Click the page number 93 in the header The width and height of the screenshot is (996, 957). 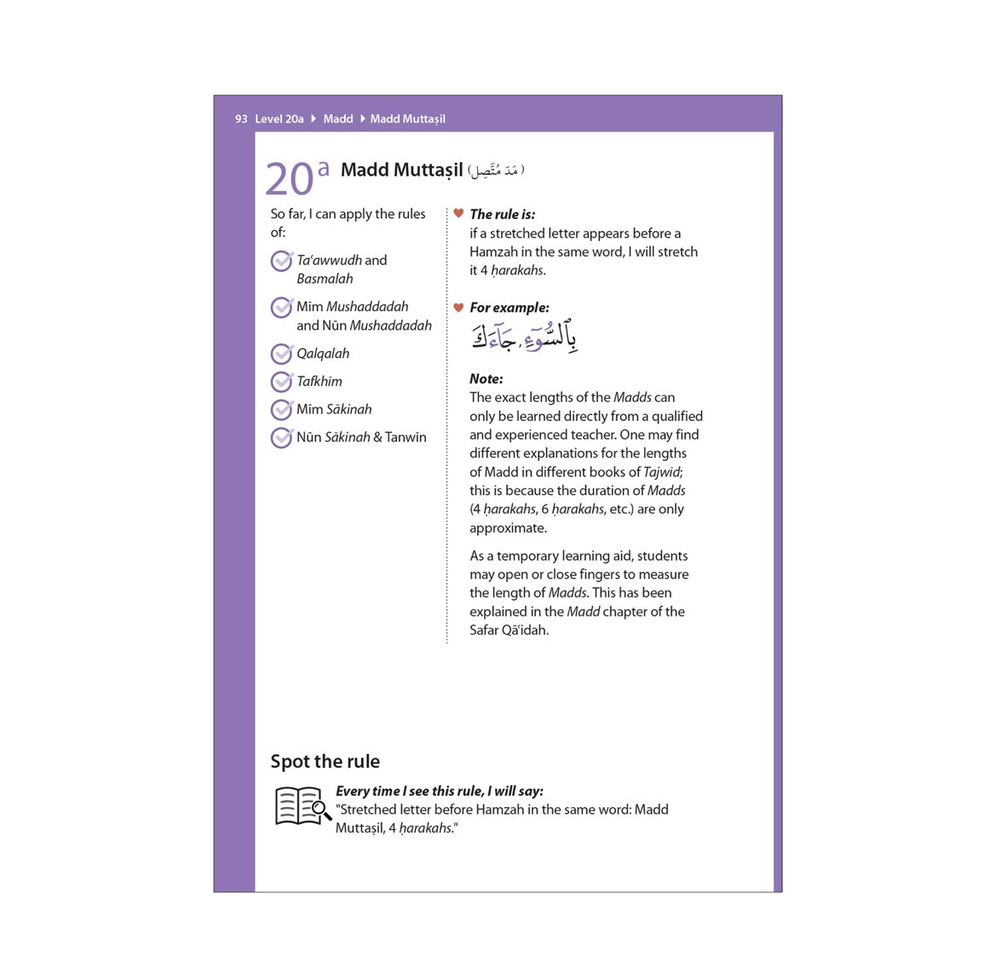(241, 119)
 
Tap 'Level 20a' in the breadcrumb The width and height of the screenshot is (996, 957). (279, 119)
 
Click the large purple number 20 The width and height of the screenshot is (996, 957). (290, 179)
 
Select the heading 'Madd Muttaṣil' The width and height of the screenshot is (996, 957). (402, 170)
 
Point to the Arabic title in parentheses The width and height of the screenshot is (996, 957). (497, 170)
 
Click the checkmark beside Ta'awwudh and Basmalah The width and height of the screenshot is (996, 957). (281, 261)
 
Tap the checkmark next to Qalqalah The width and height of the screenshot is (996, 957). (281, 354)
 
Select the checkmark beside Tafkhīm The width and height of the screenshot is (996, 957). (281, 382)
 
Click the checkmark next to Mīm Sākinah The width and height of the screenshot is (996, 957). (281, 410)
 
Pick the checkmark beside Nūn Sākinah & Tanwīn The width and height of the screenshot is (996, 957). (281, 438)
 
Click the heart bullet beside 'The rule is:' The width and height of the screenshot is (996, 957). (458, 214)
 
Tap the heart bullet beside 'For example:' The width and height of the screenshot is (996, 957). (458, 308)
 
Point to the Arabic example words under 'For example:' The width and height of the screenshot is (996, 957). (524, 338)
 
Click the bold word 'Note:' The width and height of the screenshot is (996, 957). (486, 379)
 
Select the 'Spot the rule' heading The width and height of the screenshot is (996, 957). (325, 762)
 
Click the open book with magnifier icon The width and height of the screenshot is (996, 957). (302, 806)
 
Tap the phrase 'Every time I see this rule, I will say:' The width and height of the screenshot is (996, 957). (440, 792)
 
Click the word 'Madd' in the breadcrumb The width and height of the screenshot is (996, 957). (338, 119)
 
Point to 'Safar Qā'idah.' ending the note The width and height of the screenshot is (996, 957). (510, 631)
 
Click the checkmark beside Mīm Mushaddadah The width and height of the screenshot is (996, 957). (281, 308)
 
